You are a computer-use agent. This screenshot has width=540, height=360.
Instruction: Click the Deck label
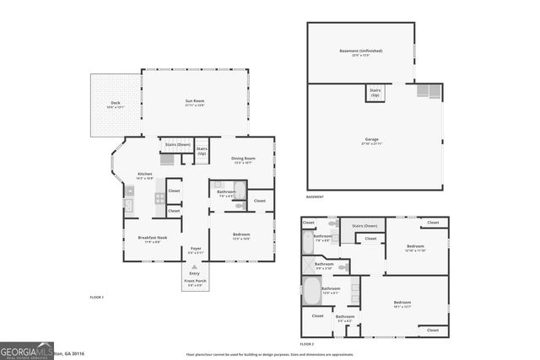pos(115,105)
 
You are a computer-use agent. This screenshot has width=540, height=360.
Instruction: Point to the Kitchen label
pos(144,175)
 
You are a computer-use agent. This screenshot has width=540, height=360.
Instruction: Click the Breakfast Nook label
pos(153,239)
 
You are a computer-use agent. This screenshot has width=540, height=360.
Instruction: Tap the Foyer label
pos(196,250)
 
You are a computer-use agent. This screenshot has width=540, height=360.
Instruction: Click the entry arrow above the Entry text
pos(196,266)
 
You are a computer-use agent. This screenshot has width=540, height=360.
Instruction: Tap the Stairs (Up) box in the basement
pos(375,93)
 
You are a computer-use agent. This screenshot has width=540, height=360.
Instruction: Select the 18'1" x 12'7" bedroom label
pos(402,304)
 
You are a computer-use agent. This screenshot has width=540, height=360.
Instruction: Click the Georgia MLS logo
pos(28,350)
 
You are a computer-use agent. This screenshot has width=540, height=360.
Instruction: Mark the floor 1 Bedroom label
pos(241,236)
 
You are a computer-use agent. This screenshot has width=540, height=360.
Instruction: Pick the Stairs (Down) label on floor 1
pos(177,145)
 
